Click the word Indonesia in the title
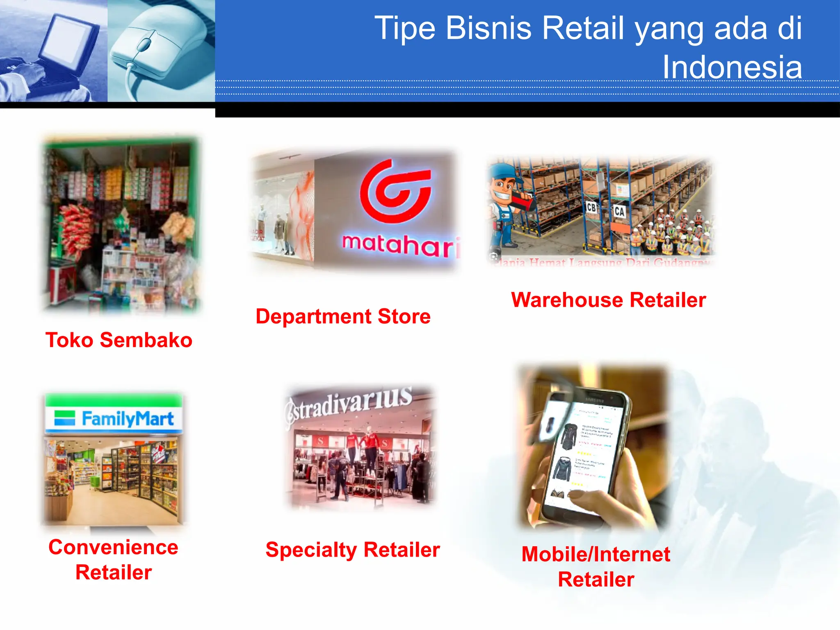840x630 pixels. click(x=732, y=67)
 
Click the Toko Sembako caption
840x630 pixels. click(x=119, y=340)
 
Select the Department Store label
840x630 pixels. click(x=343, y=316)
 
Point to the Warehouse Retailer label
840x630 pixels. click(x=608, y=300)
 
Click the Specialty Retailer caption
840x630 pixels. click(x=352, y=550)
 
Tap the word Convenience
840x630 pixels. click(x=113, y=547)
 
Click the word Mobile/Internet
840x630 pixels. click(x=596, y=554)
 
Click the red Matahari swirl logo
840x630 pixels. click(x=395, y=192)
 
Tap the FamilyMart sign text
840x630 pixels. click(x=128, y=419)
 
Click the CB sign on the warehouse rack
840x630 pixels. click(x=591, y=208)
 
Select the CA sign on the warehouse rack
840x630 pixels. click(x=619, y=212)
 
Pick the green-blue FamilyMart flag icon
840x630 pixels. click(x=65, y=418)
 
